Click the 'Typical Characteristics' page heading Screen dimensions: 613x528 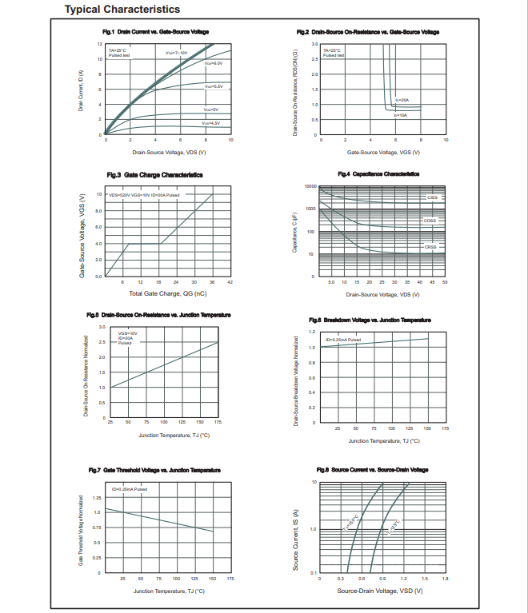(122, 10)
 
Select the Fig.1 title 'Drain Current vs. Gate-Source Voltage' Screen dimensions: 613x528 (156, 32)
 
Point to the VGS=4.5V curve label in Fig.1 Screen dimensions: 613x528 (210, 123)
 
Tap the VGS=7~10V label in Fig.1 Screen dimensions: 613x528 (170, 52)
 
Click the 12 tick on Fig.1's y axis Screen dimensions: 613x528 (100, 44)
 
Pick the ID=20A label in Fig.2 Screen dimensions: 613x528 (402, 100)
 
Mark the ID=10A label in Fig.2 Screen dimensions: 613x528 (400, 115)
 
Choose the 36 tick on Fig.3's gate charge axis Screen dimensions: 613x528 (212, 282)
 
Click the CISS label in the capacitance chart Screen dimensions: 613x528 (432, 197)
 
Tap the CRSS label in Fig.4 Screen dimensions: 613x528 (430, 247)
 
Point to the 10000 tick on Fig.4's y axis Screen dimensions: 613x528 (311, 186)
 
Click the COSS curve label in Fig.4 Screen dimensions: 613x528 (430, 221)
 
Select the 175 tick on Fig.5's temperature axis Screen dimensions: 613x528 (218, 421)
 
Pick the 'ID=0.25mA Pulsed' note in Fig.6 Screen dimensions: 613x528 (342, 340)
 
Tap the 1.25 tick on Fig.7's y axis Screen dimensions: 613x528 (97, 497)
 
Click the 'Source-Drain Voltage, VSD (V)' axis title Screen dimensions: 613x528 (379, 591)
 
